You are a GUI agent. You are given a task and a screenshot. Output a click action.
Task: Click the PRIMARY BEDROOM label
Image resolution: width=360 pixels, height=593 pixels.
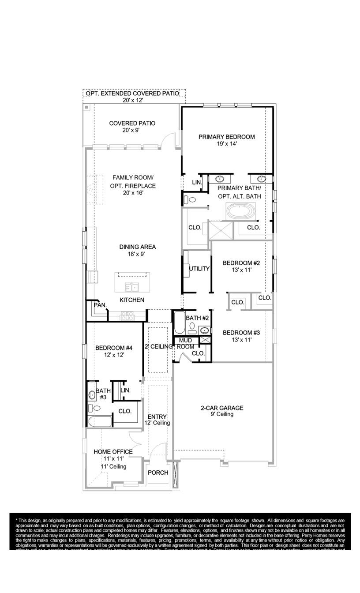click(226, 137)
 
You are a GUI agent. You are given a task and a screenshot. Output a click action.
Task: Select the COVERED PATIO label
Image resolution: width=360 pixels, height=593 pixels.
click(132, 124)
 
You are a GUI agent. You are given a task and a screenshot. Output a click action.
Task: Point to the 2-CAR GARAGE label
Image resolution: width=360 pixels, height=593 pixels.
click(222, 408)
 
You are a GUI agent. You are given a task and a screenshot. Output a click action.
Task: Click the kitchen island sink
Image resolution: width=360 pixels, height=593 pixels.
click(131, 288)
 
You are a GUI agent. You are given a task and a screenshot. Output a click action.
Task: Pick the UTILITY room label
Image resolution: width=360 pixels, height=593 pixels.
click(199, 269)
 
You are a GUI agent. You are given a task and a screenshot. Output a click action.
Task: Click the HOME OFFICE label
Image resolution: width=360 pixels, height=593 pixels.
click(113, 452)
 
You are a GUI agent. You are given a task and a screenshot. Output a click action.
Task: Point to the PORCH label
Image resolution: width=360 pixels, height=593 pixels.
click(158, 473)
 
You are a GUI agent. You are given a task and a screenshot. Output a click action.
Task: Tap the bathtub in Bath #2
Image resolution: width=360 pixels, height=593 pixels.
click(180, 323)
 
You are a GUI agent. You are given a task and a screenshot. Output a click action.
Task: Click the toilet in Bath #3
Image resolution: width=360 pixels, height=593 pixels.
click(91, 408)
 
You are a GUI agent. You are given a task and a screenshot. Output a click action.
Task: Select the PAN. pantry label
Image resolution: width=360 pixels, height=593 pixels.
click(99, 305)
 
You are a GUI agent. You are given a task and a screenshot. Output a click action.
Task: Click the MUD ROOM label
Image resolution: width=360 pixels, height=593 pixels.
click(185, 344)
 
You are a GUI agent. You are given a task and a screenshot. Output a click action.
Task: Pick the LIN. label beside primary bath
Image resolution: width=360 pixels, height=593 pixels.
click(197, 182)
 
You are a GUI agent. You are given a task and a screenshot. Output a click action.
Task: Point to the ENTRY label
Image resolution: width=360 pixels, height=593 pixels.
click(157, 417)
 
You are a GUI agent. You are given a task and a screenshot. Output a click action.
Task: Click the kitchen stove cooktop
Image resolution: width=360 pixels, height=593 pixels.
click(127, 315)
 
